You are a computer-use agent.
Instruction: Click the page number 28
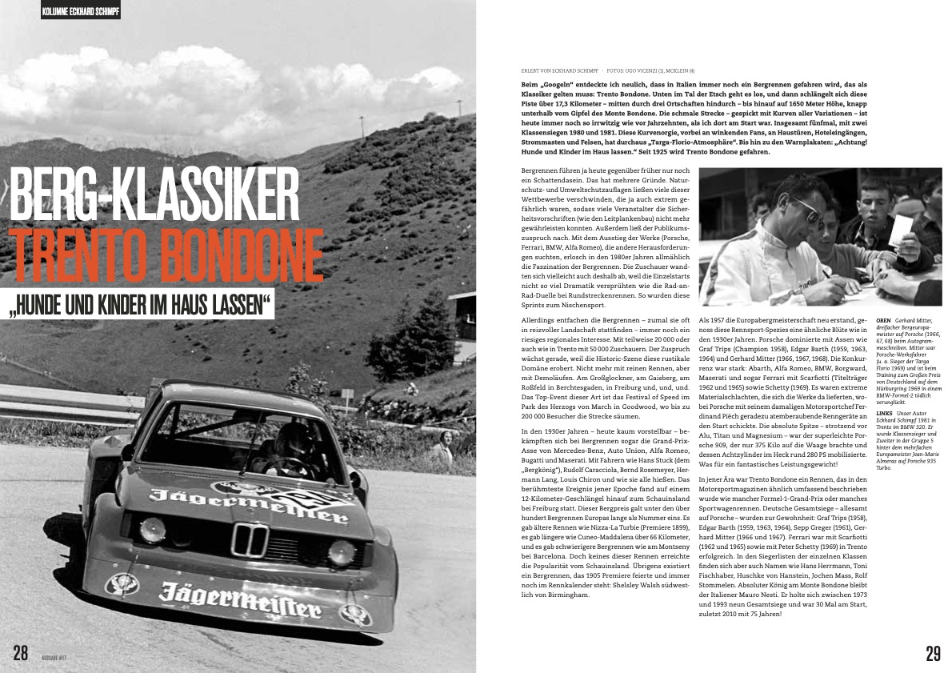tap(20, 652)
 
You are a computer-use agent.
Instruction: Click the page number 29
tap(933, 653)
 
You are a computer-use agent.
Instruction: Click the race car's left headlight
tap(152, 530)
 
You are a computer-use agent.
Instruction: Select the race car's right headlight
tap(342, 552)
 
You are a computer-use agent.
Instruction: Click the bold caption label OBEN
tap(886, 319)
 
